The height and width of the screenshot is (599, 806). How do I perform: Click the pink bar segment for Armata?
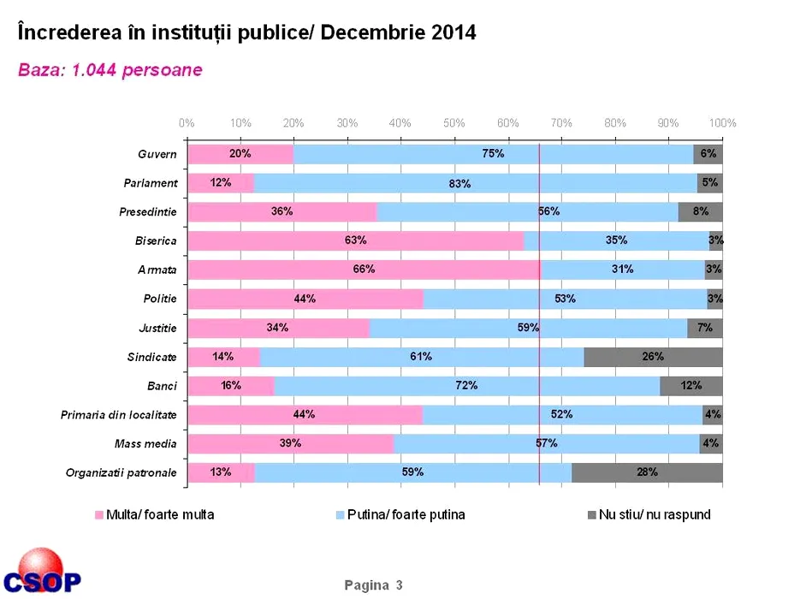(x=364, y=270)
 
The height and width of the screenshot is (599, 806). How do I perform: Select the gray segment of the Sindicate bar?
(x=653, y=357)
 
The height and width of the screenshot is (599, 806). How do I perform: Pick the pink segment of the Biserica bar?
(x=355, y=240)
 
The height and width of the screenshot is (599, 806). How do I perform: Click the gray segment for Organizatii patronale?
(x=647, y=472)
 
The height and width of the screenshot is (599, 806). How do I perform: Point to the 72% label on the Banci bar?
(x=466, y=386)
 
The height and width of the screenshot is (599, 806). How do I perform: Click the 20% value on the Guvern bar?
(x=240, y=154)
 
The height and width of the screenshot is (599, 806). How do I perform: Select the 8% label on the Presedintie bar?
(x=701, y=211)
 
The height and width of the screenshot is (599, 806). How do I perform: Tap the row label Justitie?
(x=157, y=328)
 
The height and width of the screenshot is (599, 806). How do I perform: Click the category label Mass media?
(x=145, y=443)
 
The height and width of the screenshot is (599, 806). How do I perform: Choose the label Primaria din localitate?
(x=119, y=415)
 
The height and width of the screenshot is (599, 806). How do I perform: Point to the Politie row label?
(x=160, y=299)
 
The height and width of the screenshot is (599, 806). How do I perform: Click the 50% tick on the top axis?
(x=454, y=123)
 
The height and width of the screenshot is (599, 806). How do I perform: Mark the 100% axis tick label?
(x=722, y=123)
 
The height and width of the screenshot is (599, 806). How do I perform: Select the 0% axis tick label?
(x=187, y=123)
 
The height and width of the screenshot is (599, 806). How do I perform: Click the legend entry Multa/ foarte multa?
(x=154, y=515)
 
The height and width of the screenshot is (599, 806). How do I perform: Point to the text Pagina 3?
(x=373, y=585)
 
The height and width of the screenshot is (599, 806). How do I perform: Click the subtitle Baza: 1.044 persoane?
(x=110, y=70)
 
